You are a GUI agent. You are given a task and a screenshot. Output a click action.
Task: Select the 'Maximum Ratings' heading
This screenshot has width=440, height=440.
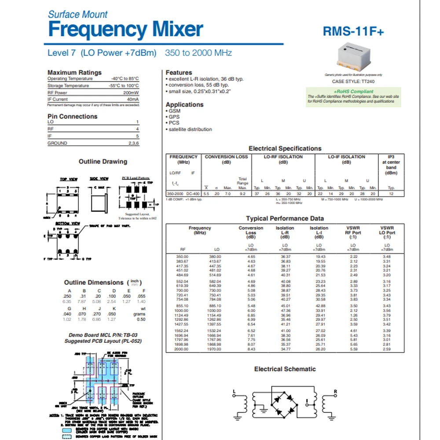tap(74, 72)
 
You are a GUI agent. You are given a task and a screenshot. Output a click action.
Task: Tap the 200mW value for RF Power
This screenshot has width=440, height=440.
tap(131, 93)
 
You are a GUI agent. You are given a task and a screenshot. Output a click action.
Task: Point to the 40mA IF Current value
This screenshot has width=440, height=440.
tap(132, 99)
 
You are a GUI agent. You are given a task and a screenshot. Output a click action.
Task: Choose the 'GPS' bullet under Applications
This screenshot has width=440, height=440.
tap(174, 117)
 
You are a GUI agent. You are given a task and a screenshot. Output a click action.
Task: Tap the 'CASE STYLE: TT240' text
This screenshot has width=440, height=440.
tap(350, 81)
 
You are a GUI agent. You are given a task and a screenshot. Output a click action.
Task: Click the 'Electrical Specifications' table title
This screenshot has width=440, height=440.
tap(285, 149)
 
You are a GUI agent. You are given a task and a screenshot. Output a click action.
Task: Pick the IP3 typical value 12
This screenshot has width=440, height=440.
tap(391, 194)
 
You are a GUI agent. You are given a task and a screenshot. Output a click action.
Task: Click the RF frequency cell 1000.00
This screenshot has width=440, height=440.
tap(182, 311)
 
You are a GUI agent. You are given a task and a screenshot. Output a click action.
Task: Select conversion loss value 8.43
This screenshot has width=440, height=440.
tap(251, 349)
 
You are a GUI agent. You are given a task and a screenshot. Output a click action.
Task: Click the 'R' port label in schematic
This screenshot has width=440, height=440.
tap(335, 391)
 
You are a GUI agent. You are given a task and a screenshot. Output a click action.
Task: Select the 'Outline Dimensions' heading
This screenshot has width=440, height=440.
tap(94, 282)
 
